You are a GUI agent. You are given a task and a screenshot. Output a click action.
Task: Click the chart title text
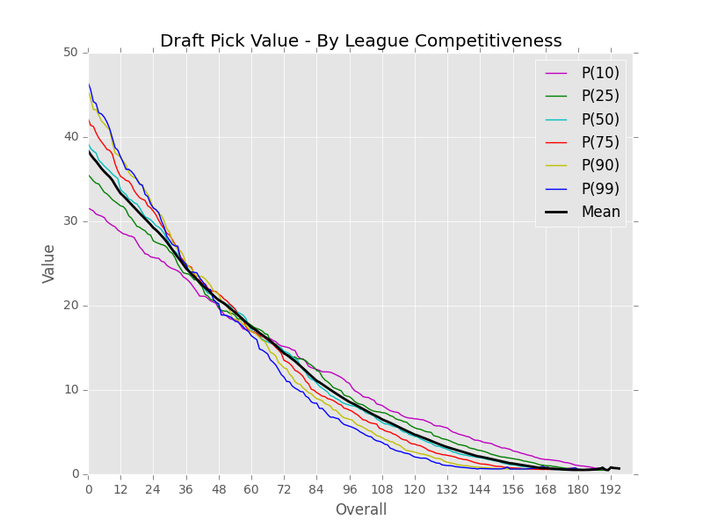(x=360, y=41)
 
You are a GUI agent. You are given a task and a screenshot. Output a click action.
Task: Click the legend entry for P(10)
(x=599, y=73)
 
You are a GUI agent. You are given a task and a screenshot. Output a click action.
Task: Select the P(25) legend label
(x=599, y=96)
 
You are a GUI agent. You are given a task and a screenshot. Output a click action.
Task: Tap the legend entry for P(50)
(x=599, y=119)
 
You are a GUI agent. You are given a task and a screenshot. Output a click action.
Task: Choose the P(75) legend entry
(x=599, y=142)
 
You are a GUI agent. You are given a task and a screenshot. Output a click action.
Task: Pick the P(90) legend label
(x=599, y=165)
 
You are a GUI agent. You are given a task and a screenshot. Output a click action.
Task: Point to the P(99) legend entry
(x=599, y=189)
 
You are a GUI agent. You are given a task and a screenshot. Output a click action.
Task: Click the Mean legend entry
(x=600, y=212)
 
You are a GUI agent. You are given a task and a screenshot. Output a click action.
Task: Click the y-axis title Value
(x=49, y=263)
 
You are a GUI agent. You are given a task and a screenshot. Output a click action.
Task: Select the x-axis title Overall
(x=360, y=509)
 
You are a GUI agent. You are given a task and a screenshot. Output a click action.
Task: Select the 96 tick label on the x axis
(x=349, y=488)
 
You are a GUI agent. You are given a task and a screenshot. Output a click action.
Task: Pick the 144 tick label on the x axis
(x=479, y=488)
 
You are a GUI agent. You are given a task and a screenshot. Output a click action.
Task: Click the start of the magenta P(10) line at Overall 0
(x=90, y=209)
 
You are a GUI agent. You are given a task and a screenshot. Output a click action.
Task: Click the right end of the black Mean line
(x=619, y=468)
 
